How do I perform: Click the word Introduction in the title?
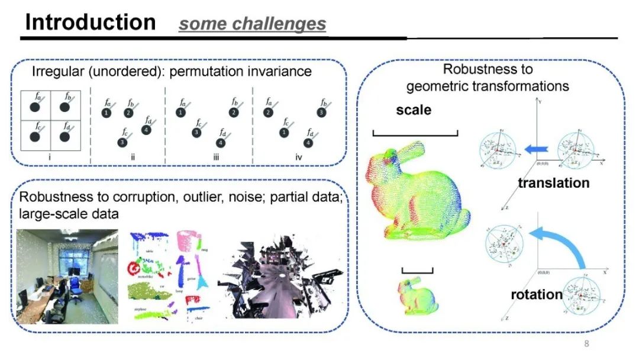90,22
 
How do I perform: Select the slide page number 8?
586,345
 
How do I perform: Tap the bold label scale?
414,110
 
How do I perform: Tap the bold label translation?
554,182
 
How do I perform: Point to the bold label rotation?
537,294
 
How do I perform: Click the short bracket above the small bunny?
418,271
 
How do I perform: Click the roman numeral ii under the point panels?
133,157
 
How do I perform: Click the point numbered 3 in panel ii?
122,142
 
